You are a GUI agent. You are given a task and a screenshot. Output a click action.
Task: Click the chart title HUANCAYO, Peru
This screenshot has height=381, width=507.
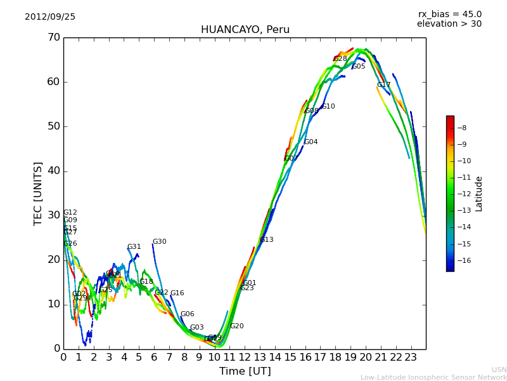(x=245, y=30)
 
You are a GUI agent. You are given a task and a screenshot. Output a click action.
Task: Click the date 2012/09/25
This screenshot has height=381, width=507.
(x=50, y=17)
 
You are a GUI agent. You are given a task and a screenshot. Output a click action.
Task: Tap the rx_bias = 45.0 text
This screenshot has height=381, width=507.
(x=449, y=14)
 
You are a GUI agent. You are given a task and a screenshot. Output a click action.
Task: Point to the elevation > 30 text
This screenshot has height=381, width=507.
(x=449, y=24)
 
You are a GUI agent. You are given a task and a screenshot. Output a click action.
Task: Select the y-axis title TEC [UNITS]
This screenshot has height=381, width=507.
(x=39, y=193)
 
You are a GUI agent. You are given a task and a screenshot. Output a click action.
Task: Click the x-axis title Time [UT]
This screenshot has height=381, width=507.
(x=245, y=371)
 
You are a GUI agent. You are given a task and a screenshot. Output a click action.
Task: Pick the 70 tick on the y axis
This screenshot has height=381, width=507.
(x=53, y=37)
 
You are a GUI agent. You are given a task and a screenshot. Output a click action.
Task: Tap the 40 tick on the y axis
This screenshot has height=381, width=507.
(x=53, y=171)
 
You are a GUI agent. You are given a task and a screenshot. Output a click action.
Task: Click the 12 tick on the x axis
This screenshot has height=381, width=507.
(x=245, y=357)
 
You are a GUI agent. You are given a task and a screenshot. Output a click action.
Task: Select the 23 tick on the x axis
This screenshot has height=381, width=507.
(x=411, y=357)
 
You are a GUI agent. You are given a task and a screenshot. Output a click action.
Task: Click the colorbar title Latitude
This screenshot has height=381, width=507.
(x=479, y=193)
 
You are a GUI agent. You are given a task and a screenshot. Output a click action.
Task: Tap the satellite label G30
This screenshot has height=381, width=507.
(x=159, y=242)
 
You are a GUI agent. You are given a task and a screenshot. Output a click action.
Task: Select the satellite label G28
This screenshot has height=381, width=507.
(x=340, y=59)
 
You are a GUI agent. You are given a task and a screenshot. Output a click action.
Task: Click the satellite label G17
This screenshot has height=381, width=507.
(x=383, y=85)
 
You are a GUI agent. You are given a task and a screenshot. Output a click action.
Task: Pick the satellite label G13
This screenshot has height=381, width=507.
(x=267, y=240)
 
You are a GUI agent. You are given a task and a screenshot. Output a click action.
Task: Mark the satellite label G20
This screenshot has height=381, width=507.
(x=236, y=326)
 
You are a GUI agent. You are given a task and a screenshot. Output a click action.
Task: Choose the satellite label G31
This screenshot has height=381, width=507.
(x=134, y=247)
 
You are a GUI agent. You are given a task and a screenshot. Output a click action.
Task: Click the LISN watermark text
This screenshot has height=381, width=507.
(x=499, y=370)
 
